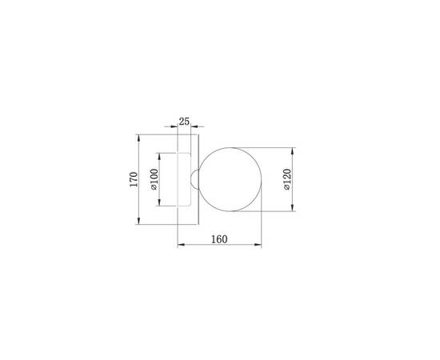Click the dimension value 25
(184, 122)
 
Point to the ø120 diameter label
(287, 179)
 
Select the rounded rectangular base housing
(184, 179)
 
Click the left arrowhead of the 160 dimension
(178, 246)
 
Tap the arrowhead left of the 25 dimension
(174, 127)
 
